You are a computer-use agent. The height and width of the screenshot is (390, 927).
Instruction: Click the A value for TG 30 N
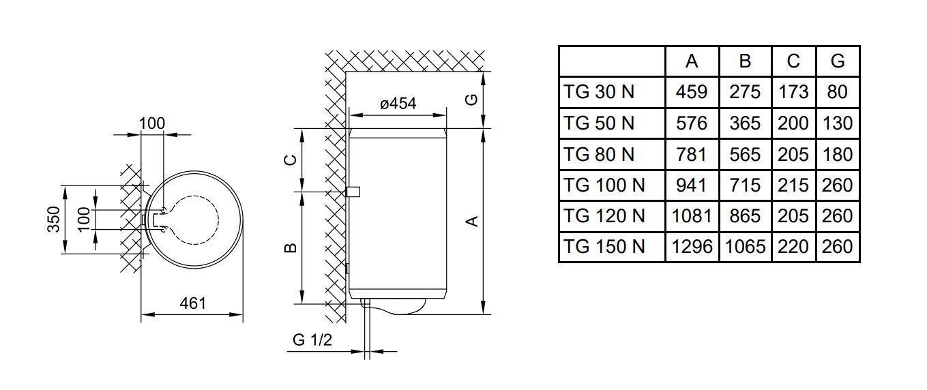point(692,92)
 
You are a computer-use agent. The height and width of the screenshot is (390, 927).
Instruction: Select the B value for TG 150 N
point(745,247)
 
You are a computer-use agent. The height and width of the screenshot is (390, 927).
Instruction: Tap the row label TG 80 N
point(599,154)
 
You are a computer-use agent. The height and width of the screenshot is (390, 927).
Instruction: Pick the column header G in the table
point(838,61)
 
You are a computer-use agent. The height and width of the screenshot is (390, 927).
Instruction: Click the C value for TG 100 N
point(793,185)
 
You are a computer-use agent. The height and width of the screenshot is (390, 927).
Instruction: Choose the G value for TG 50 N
point(837,123)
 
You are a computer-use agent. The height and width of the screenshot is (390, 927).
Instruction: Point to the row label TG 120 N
point(604,216)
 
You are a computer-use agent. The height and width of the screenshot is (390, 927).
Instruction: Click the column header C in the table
point(793,61)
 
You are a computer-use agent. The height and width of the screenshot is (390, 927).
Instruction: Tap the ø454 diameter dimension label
point(398,104)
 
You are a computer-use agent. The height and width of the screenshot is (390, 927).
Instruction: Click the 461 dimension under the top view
point(192,304)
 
